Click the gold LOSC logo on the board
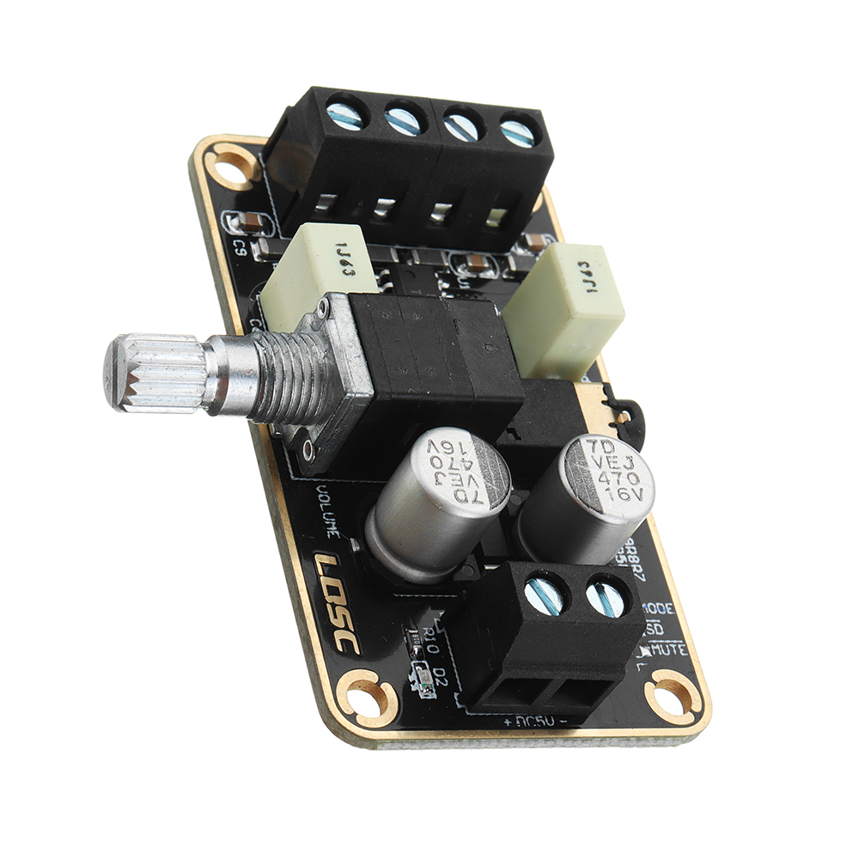tap(336, 601)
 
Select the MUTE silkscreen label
tap(669, 650)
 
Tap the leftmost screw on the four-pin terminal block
tap(347, 115)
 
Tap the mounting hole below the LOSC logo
tap(366, 698)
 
